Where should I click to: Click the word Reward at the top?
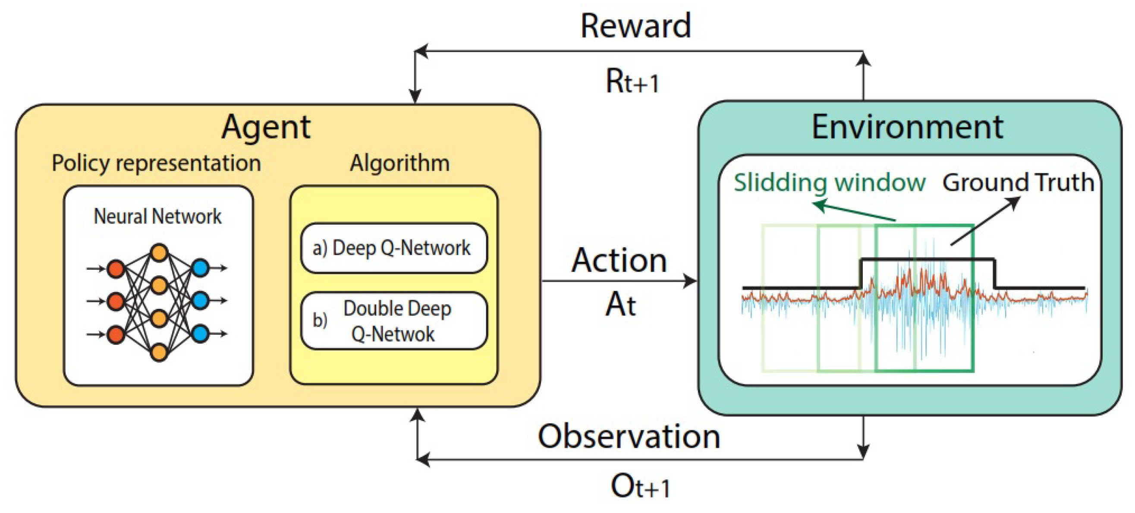point(635,26)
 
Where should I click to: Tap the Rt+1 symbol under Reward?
point(632,82)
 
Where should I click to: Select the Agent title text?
point(266,127)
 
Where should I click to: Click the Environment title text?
point(907,127)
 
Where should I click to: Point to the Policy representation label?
point(157,163)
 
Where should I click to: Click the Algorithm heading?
point(399,163)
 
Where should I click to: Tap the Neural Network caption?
point(157,217)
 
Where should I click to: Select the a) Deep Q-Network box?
point(393,248)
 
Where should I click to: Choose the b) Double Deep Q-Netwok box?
point(393,321)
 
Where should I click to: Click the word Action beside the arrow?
point(619,261)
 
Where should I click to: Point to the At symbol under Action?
point(620,305)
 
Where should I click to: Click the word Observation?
point(629,436)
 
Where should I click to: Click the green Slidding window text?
point(829,183)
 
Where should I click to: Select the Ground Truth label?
point(1018,183)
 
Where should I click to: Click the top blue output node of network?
point(201,268)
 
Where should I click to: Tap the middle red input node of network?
point(116,302)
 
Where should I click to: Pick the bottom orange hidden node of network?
point(159,352)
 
